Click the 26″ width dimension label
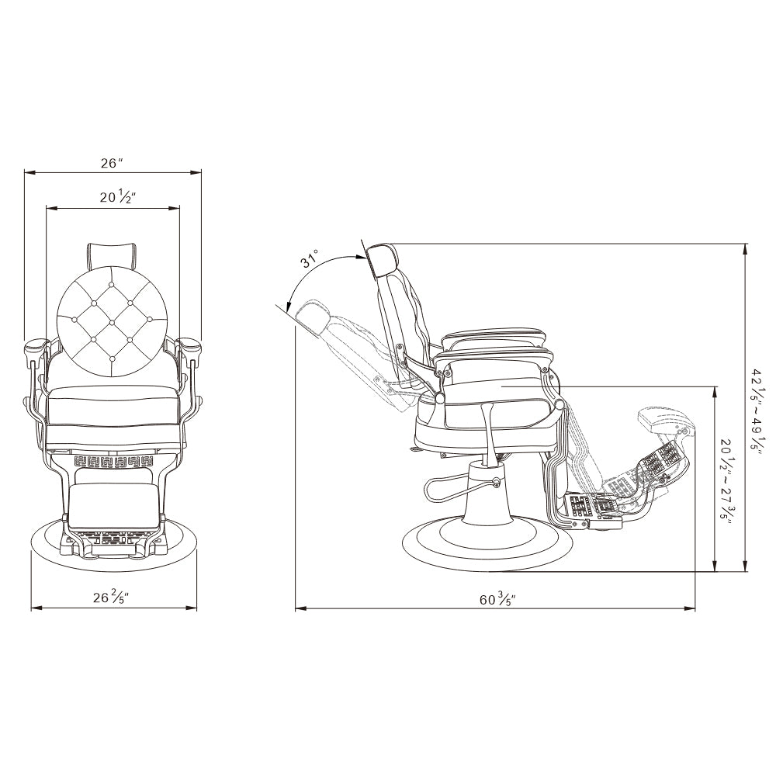111,163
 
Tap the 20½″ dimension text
118,197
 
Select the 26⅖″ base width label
112,597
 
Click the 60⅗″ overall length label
497,599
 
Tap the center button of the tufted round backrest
112,322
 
